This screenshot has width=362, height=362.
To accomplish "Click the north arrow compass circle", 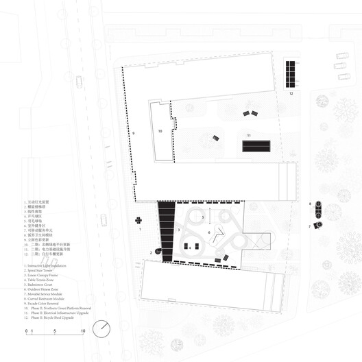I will pos(102,329).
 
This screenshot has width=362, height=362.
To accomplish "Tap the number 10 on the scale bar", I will pos(84,331).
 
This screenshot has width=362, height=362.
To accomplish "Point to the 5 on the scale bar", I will pos(54,331).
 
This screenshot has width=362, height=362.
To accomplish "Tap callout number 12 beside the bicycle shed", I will pos(291,93).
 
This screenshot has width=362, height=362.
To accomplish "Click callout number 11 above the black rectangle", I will pos(250,135).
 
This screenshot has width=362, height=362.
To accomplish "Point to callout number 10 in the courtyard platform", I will pos(159,130).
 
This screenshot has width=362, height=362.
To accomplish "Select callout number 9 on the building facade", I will pos(134,132).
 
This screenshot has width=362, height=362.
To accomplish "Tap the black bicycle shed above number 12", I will pos(291,73).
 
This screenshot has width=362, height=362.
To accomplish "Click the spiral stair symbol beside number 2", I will pos(158,252).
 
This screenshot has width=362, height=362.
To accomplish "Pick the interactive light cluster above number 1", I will pos(138,220).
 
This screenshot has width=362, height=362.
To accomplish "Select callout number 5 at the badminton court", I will pos(203,217).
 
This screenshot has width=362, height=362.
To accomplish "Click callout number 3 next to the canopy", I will pos(179,230).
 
